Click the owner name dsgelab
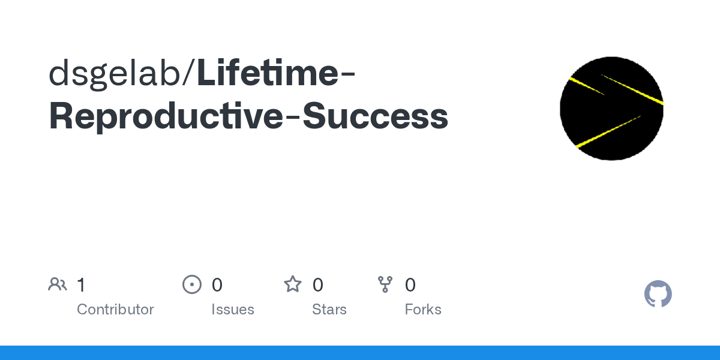114,74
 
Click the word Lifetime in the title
268,73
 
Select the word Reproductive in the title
166,116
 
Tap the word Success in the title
375,116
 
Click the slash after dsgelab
188,73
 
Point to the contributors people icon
58,284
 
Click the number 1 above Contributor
81,285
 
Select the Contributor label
115,309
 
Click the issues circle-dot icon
192,284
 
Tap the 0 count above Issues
217,285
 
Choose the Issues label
233,309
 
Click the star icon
293,284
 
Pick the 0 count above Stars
318,285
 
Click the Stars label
329,309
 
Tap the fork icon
385,284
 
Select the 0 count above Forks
410,285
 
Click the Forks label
423,309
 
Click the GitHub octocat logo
658,294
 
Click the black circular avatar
611,109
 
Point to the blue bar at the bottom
360,353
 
